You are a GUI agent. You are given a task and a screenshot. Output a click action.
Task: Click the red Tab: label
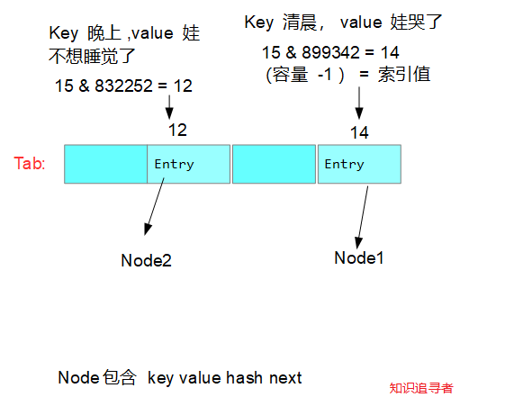click(30, 164)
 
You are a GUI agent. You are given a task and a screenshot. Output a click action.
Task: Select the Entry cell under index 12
click(188, 164)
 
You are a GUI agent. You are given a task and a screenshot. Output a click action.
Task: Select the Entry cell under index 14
click(358, 164)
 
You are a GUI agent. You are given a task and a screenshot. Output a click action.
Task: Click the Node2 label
click(146, 261)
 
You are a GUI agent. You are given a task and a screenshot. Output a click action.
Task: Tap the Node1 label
click(359, 257)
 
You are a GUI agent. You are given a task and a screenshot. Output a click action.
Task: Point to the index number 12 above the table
click(177, 131)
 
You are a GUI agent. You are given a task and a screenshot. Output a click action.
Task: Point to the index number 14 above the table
click(359, 132)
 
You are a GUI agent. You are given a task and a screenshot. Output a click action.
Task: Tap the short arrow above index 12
click(169, 107)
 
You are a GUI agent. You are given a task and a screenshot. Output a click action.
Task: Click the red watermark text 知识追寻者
click(420, 388)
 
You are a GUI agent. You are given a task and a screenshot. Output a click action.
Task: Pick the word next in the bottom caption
click(285, 378)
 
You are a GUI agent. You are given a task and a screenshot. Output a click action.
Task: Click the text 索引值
click(406, 74)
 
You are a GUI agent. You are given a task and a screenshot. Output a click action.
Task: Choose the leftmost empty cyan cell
click(105, 164)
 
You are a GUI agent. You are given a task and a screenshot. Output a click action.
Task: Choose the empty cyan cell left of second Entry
click(274, 164)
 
